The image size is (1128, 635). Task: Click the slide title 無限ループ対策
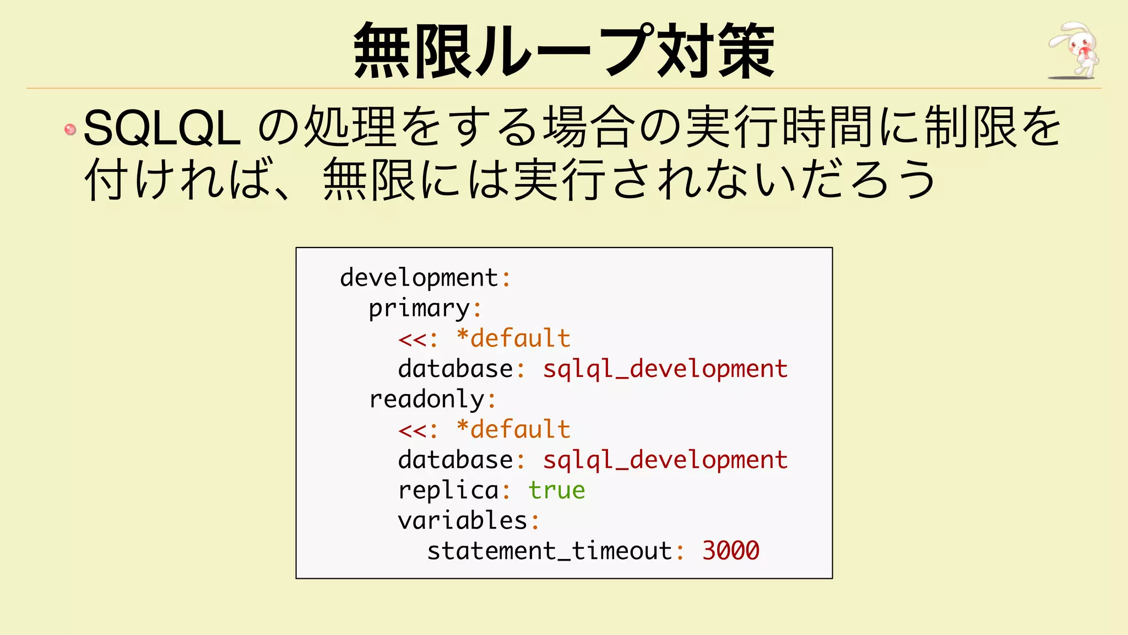(x=564, y=51)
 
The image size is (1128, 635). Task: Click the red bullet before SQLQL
(x=70, y=130)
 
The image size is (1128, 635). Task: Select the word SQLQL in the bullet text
(x=162, y=128)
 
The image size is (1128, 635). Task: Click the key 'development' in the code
(x=419, y=277)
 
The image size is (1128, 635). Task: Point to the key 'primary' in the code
(x=419, y=308)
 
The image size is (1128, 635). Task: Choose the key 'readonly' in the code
(x=427, y=399)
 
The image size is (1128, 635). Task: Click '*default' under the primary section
(x=513, y=338)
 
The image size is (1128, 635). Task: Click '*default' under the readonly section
(x=513, y=429)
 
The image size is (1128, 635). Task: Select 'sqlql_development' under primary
(x=665, y=369)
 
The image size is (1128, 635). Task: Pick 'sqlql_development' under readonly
(x=665, y=460)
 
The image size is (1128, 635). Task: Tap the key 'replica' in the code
(x=448, y=490)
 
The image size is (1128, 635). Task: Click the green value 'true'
(x=556, y=490)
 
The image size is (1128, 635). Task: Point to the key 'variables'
(x=463, y=520)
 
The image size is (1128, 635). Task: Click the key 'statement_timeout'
(x=549, y=551)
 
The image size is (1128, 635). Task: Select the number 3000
(x=731, y=551)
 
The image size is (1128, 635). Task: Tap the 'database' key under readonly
(x=455, y=460)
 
